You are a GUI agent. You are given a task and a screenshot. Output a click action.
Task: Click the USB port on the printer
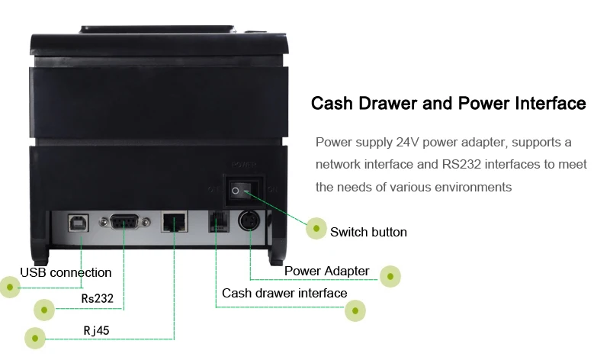click(80, 223)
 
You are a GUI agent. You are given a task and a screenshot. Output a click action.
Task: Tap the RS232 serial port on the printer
click(126, 222)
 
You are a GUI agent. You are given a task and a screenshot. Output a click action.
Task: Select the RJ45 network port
click(174, 223)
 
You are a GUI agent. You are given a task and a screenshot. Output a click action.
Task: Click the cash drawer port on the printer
click(219, 223)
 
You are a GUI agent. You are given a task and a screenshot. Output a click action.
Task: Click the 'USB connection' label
click(66, 272)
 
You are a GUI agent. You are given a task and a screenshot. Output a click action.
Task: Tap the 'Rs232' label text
click(97, 298)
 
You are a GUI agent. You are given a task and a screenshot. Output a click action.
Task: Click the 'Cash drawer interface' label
click(284, 293)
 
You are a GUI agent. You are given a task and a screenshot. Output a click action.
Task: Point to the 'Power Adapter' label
click(326, 271)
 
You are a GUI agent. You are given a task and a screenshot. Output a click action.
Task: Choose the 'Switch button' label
click(368, 232)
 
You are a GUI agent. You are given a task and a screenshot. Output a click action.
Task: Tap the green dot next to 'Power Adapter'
click(390, 276)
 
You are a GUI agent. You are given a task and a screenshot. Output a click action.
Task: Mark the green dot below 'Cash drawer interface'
click(355, 309)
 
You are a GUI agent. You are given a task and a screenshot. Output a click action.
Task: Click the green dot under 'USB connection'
click(10, 286)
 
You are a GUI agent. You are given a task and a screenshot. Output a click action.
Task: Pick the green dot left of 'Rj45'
click(35, 337)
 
